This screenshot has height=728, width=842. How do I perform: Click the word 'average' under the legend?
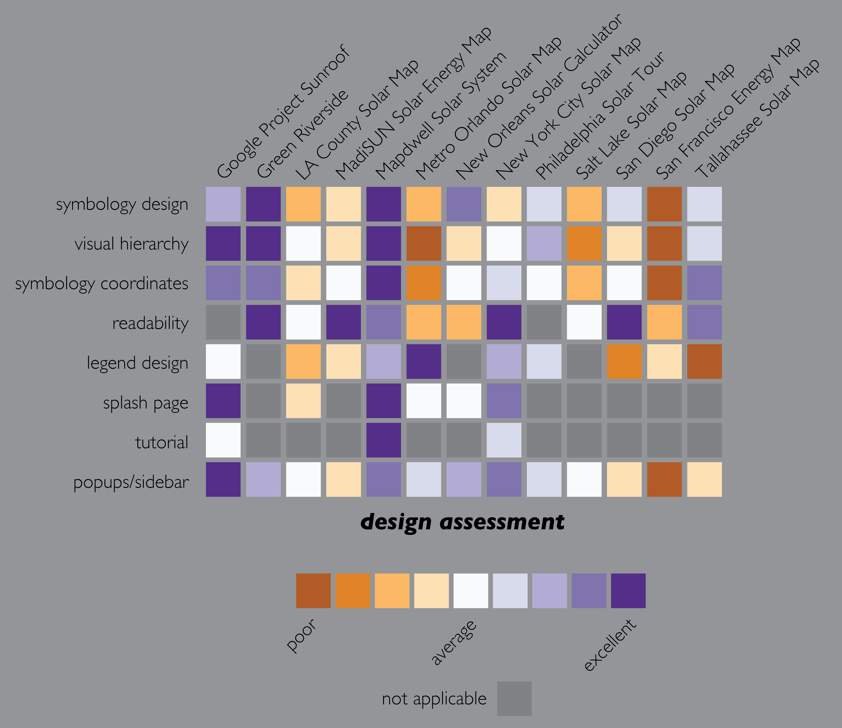[453, 643]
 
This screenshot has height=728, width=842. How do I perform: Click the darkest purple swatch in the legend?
[628, 591]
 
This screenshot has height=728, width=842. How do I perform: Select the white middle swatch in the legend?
[471, 591]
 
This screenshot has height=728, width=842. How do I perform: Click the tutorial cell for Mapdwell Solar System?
[383, 440]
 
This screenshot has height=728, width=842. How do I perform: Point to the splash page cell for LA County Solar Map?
[303, 401]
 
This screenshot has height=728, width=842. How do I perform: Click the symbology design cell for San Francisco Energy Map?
[664, 204]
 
